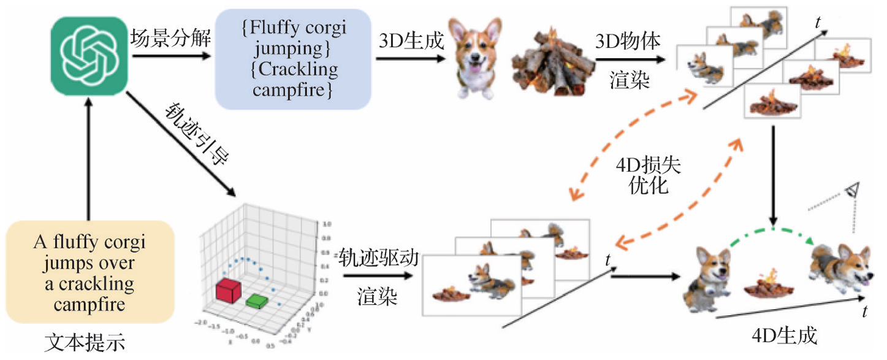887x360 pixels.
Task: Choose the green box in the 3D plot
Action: pos(257,301)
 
